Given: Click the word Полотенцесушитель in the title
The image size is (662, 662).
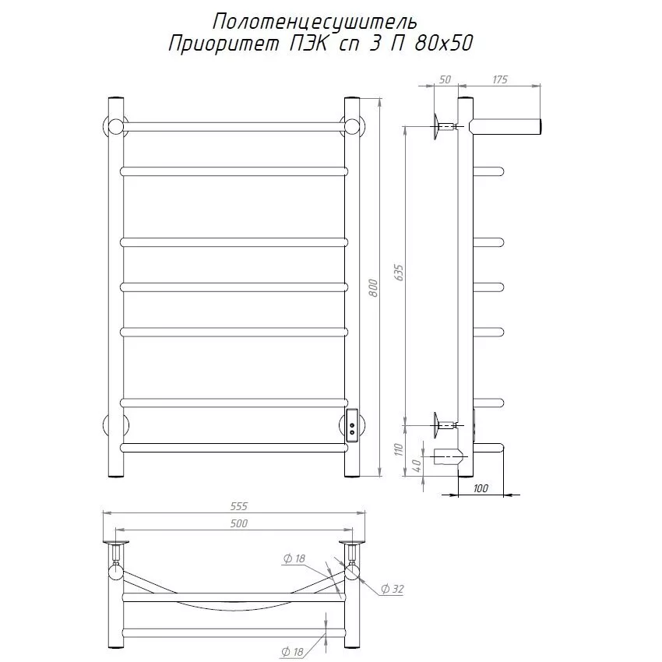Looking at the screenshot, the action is click(315, 23).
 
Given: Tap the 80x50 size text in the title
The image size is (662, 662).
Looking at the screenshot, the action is click(443, 44).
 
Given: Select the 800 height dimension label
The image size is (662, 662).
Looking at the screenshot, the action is click(373, 287).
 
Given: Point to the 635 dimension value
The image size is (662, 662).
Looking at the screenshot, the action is click(399, 273).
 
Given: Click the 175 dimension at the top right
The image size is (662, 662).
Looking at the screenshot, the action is click(499, 79).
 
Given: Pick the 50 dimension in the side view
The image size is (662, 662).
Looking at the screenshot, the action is click(445, 79).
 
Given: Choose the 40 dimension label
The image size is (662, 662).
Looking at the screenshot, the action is click(417, 465).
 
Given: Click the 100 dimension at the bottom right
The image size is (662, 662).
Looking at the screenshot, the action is click(481, 488).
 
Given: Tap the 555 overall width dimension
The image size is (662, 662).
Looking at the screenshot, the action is click(239, 505).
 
